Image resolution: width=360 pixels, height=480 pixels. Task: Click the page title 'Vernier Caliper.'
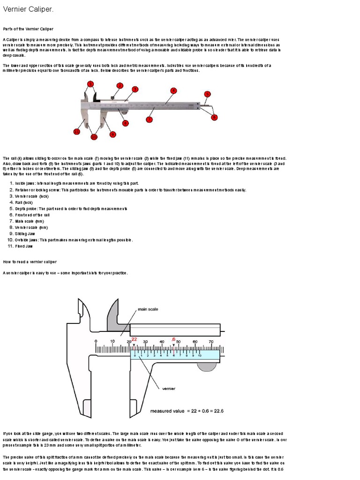28,9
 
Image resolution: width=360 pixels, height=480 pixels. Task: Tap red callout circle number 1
90,84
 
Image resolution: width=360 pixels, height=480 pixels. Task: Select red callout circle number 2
120,86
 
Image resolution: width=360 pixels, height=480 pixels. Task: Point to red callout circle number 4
173,90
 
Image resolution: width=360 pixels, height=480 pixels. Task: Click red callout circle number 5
208,94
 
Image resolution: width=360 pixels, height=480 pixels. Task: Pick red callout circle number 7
149,120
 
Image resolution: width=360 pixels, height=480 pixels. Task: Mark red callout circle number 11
76,132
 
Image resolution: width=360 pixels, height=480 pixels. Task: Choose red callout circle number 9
112,134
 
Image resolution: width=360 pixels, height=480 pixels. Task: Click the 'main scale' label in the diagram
147,310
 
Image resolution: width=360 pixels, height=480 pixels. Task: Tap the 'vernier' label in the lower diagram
168,388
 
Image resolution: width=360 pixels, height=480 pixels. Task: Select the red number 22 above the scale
134,339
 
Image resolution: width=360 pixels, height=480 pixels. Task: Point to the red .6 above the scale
173,339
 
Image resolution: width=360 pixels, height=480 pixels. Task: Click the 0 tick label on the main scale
96,341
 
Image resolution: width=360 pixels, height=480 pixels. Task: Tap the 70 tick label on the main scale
211,341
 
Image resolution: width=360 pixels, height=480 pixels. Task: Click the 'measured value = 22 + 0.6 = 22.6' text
187,411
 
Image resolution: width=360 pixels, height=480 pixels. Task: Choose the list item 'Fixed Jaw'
24,246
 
